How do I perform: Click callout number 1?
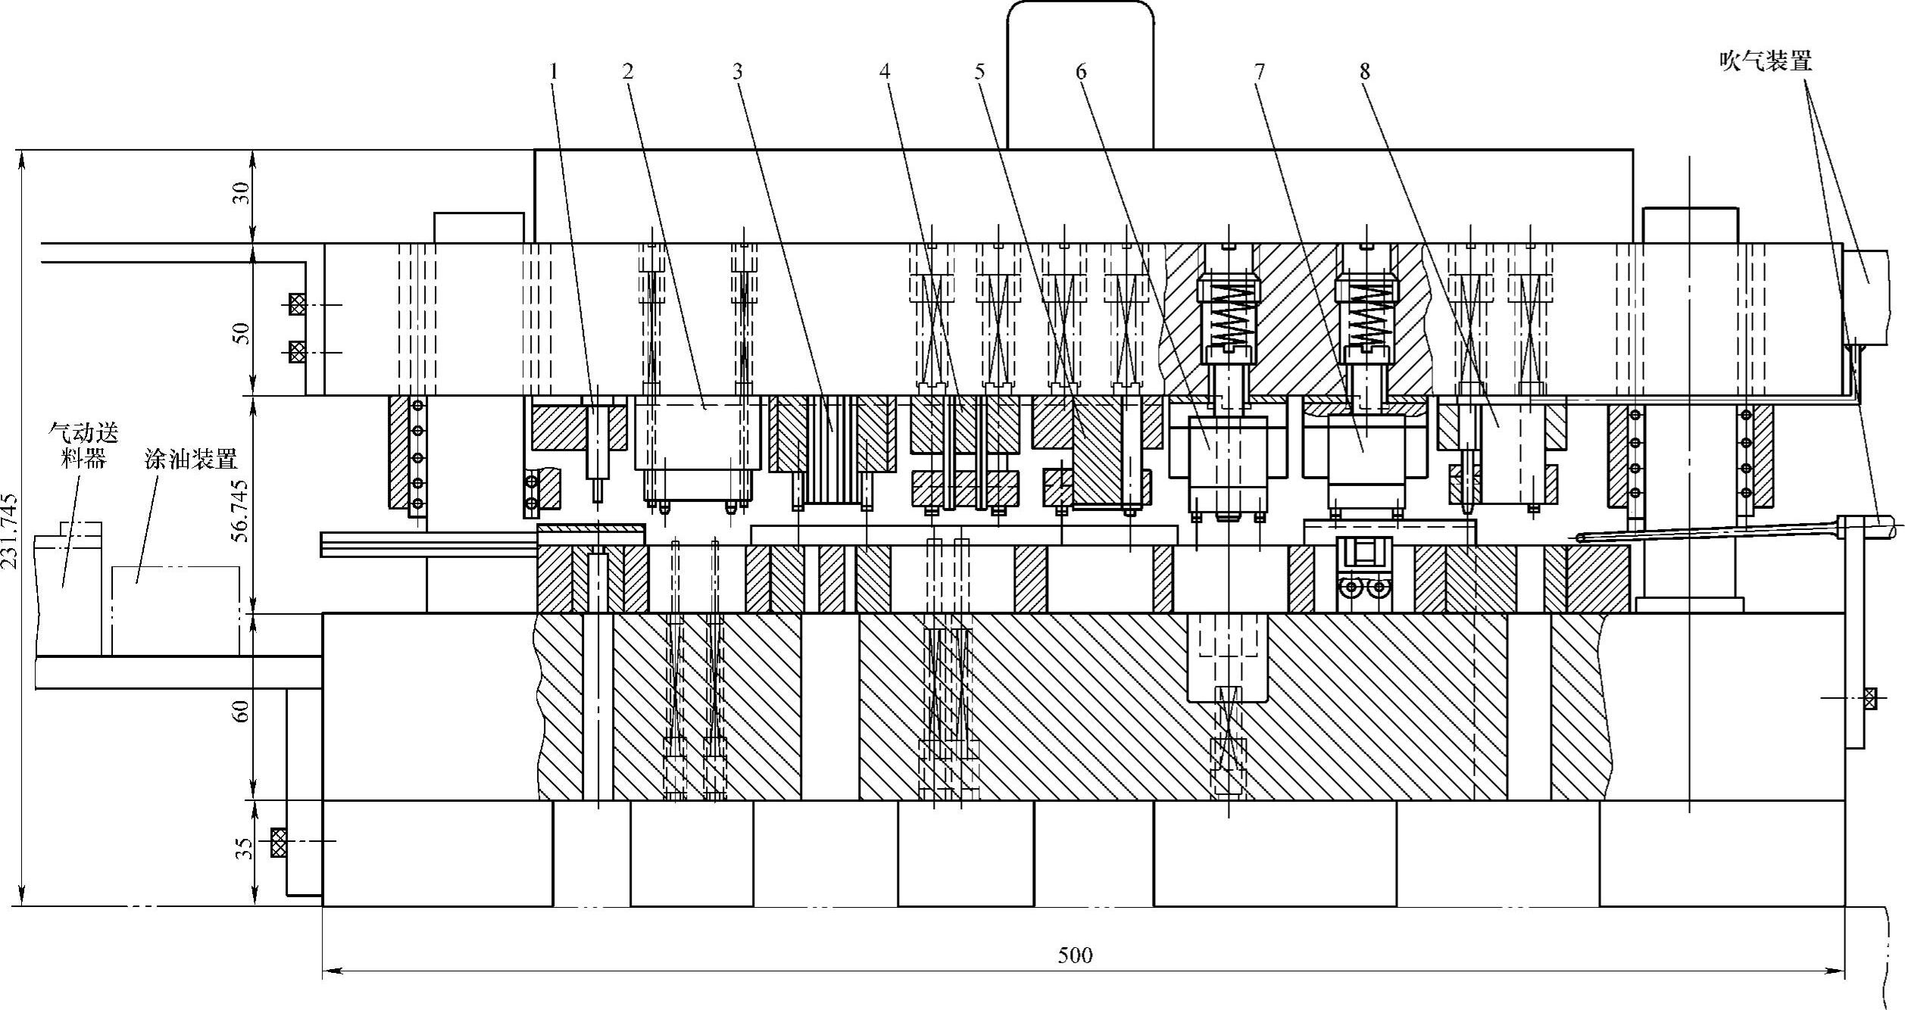point(554,72)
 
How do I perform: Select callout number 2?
point(627,72)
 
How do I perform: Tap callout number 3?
point(737,72)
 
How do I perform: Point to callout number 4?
point(885,72)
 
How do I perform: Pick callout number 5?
point(979,72)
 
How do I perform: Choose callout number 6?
point(1080,72)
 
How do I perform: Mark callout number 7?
point(1259,72)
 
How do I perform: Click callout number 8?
point(1364,72)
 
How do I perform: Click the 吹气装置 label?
point(1766,61)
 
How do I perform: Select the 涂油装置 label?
point(191,459)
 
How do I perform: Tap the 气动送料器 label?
point(83,446)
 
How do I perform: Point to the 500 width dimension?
point(1075,955)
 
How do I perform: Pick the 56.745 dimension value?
point(241,510)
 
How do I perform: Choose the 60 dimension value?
point(241,711)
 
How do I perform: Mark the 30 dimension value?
point(241,194)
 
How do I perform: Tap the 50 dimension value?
point(241,332)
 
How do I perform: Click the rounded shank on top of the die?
point(1080,76)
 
